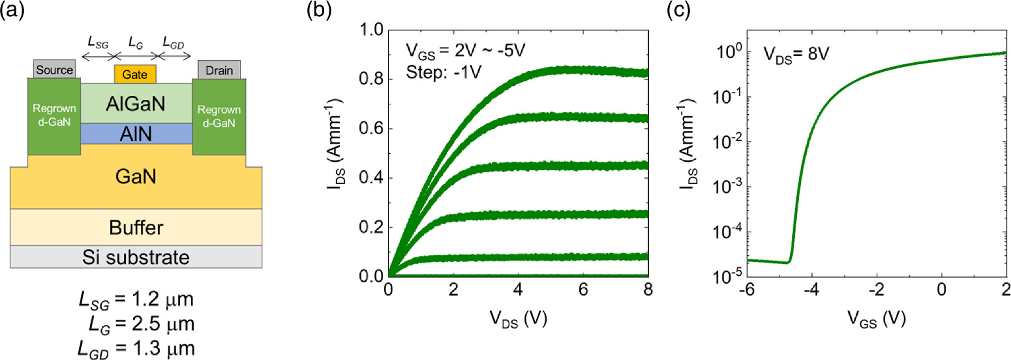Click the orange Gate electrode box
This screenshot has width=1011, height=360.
(x=136, y=74)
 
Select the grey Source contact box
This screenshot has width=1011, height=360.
(x=54, y=69)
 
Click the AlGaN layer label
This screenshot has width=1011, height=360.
(x=136, y=103)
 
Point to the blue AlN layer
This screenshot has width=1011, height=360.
(x=136, y=133)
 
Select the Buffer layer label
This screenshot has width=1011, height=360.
(x=136, y=227)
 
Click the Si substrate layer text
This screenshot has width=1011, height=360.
(x=136, y=257)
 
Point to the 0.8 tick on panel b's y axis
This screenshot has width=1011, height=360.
(x=371, y=79)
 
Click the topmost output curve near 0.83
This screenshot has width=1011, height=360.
(x=600, y=71)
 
